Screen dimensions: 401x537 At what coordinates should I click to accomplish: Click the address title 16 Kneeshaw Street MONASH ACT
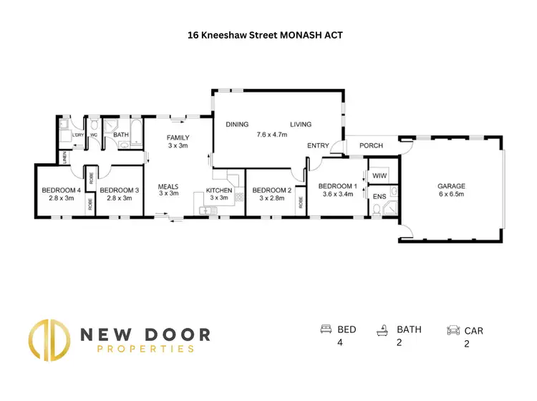coord(268,34)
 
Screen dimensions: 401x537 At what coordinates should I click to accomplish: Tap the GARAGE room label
coord(451,185)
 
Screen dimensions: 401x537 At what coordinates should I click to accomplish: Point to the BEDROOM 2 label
coord(271,190)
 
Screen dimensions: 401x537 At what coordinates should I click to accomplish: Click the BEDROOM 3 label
coord(115,190)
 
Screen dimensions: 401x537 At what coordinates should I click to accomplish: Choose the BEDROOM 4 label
coord(58,190)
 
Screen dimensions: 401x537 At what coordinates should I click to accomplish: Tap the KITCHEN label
coord(218,190)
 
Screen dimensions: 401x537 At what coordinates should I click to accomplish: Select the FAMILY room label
coord(177,137)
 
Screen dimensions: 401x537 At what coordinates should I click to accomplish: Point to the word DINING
coord(237,125)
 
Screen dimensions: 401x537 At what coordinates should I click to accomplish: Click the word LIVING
coord(301,125)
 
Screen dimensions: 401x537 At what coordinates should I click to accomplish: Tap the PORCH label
coord(371,146)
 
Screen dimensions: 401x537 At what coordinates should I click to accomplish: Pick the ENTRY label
coord(318,146)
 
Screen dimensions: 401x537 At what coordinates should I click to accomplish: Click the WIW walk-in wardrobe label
coord(379,175)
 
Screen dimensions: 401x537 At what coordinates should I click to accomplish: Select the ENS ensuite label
coord(378,195)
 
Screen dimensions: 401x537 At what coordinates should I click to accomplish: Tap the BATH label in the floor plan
coord(120,134)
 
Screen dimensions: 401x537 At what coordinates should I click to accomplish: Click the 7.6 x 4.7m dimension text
coord(271,134)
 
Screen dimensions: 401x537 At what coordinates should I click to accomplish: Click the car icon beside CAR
coord(453,330)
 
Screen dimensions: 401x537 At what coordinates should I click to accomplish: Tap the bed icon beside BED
coord(326,329)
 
